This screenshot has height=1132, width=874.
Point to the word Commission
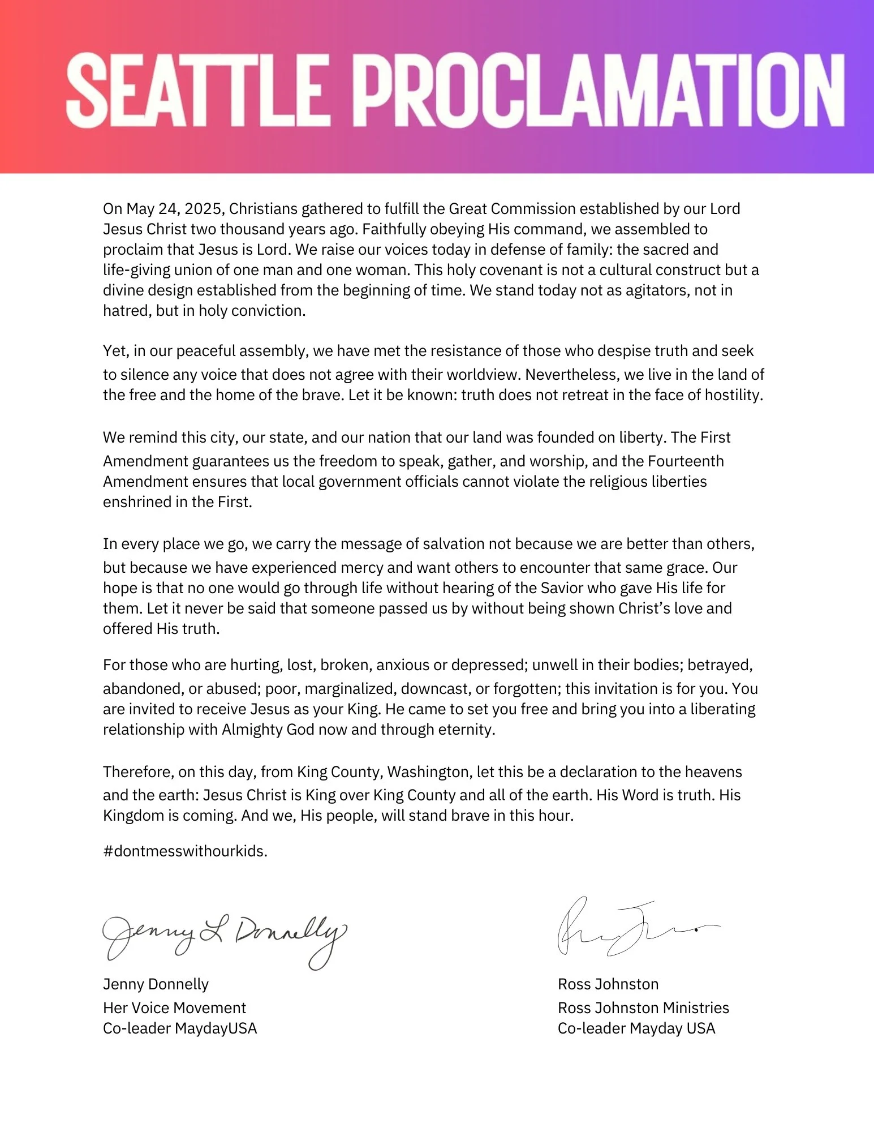tap(532, 209)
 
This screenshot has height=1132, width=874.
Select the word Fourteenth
tap(686, 461)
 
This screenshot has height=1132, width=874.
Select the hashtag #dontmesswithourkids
tap(185, 851)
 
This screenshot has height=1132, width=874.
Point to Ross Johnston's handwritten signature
tap(628, 928)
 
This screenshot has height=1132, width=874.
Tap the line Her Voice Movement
tap(174, 1008)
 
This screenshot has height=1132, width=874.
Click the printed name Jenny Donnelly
tap(156, 984)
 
